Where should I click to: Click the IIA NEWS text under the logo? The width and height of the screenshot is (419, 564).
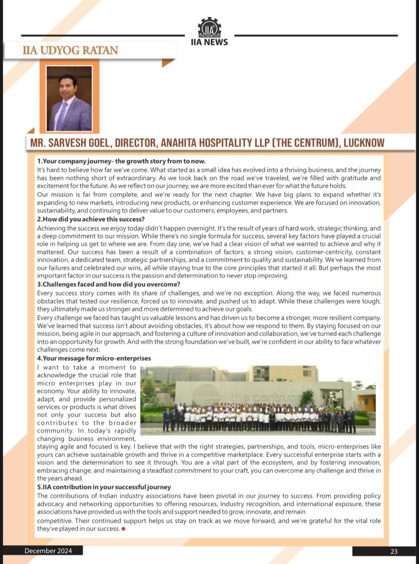pyautogui.click(x=209, y=42)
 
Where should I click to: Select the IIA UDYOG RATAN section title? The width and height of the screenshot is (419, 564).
pyautogui.click(x=70, y=50)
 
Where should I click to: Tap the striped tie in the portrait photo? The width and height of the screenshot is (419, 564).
pyautogui.click(x=61, y=115)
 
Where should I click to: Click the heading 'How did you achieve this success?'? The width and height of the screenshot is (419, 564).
pyautogui.click(x=91, y=219)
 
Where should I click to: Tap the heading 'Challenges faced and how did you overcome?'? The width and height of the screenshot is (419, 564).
pyautogui.click(x=109, y=284)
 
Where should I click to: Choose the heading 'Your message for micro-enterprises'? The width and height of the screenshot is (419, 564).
pyautogui.click(x=94, y=358)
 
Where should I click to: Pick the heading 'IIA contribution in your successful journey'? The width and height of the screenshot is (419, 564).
pyautogui.click(x=104, y=487)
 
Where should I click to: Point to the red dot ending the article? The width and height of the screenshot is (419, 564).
pyautogui.click(x=123, y=529)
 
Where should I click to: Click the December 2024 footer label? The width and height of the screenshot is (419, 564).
pyautogui.click(x=48, y=551)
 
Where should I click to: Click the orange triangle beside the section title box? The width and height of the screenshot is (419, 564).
pyautogui.click(x=168, y=63)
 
